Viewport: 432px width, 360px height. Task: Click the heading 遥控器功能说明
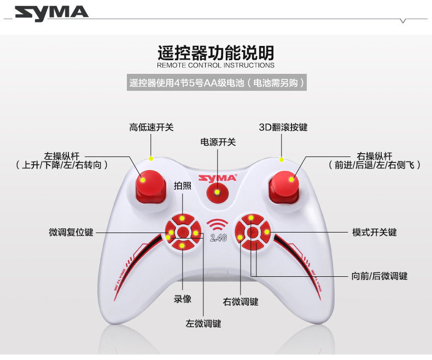[x=215, y=53]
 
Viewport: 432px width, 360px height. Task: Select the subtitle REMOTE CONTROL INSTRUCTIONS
[x=215, y=65]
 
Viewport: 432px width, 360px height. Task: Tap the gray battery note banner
[x=215, y=83]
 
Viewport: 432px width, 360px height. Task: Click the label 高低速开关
[x=151, y=127]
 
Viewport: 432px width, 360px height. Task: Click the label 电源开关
[x=218, y=142]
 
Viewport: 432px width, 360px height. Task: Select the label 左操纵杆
[x=61, y=156]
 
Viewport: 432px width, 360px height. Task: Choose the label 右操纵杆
[x=374, y=156]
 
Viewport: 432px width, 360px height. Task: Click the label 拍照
[x=182, y=185]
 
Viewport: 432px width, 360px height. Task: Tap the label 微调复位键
[x=71, y=233]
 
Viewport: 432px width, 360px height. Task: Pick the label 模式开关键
[x=375, y=233]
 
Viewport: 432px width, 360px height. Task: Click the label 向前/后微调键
[x=379, y=276]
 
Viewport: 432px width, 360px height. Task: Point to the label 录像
[x=183, y=299]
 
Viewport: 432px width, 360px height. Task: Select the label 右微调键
[x=241, y=301]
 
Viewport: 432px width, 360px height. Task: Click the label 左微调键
[x=203, y=323]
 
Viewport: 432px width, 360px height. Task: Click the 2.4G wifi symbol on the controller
[x=217, y=230]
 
